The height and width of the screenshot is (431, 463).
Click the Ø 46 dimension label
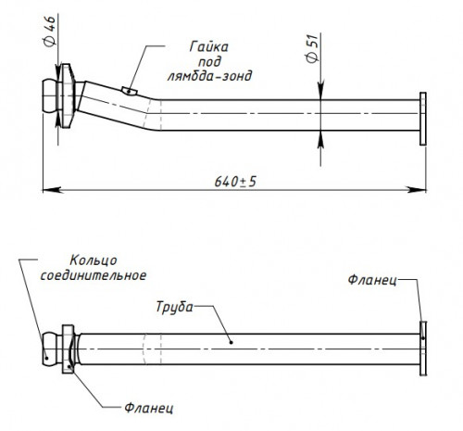pyautogui.click(x=50, y=31)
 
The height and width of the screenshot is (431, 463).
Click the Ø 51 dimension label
pyautogui.click(x=312, y=48)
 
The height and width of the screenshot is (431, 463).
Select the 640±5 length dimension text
pyautogui.click(x=235, y=182)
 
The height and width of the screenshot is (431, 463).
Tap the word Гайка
pyautogui.click(x=209, y=47)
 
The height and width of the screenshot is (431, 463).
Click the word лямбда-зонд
pyautogui.click(x=209, y=76)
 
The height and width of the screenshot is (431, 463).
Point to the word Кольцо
pyautogui.click(x=94, y=260)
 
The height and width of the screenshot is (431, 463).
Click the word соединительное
pyautogui.click(x=94, y=275)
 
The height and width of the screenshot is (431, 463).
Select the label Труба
pyautogui.click(x=174, y=308)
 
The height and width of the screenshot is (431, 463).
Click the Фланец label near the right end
pyautogui.click(x=372, y=280)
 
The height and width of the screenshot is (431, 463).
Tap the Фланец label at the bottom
pyautogui.click(x=149, y=408)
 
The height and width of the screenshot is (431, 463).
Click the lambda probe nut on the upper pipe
pyautogui.click(x=129, y=91)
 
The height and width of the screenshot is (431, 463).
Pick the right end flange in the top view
pyautogui.click(x=423, y=119)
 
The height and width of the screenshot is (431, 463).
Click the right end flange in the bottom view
pyautogui.click(x=423, y=349)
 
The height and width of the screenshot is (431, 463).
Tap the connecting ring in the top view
pyautogui.click(x=50, y=96)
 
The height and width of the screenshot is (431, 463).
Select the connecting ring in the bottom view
pyautogui.click(x=50, y=349)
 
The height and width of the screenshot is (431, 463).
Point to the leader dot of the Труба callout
pyautogui.click(x=231, y=342)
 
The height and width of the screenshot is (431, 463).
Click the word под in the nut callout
pyautogui.click(x=209, y=62)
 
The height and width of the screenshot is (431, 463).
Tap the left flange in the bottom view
pyautogui.click(x=68, y=349)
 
